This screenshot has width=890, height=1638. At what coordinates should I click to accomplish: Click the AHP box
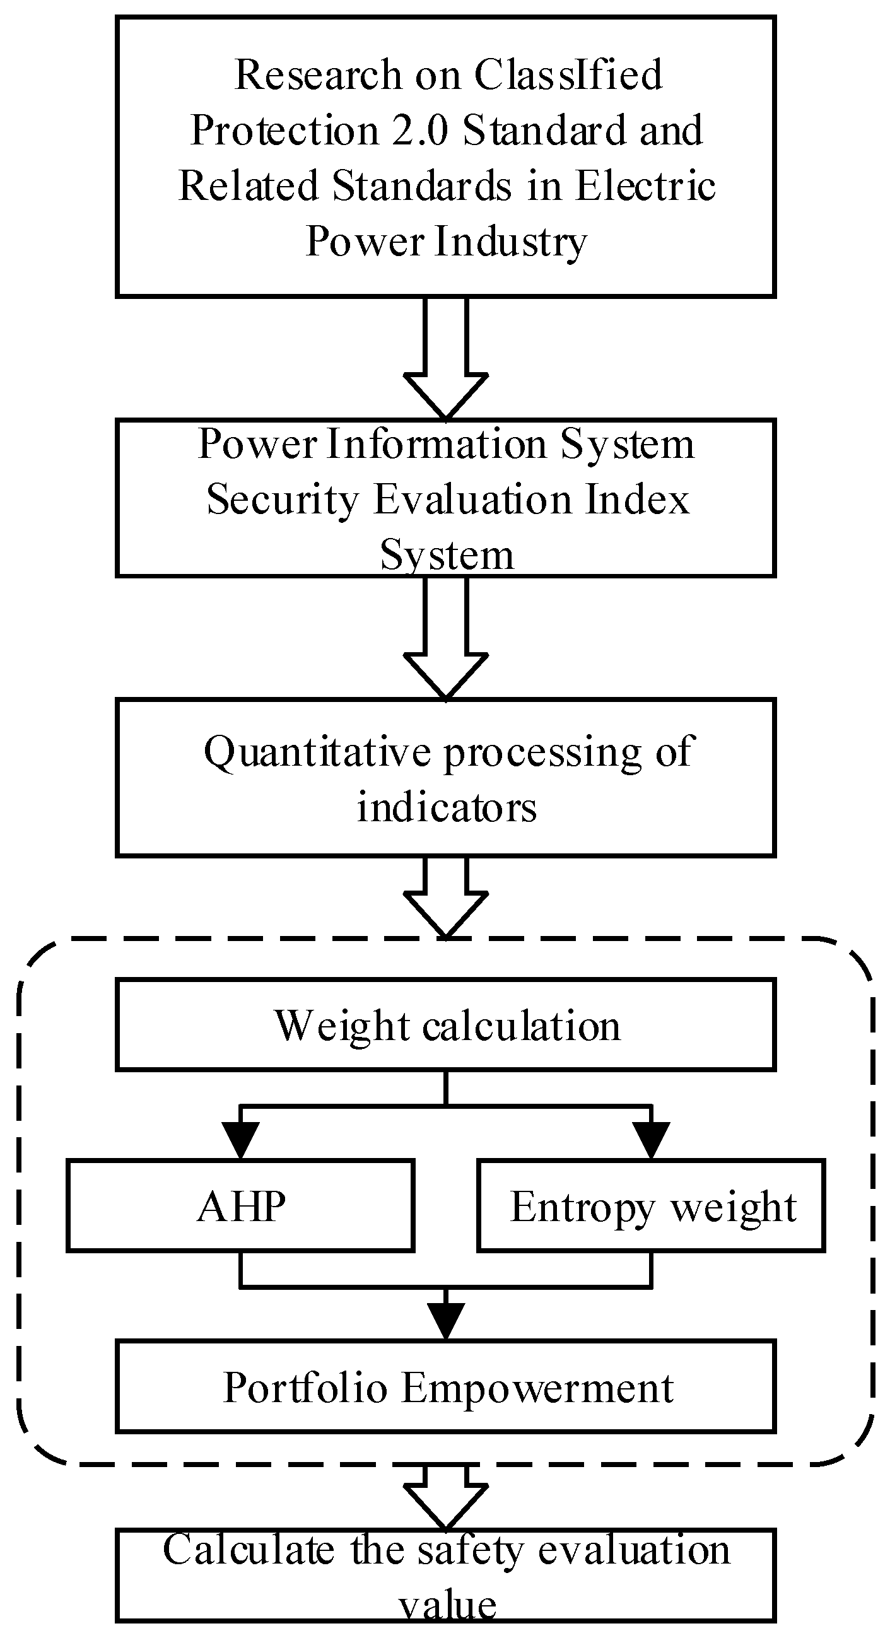pyautogui.click(x=240, y=1205)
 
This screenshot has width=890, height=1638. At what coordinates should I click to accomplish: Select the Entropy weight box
pyautogui.click(x=651, y=1205)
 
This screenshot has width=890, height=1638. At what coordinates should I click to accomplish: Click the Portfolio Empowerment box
pyautogui.click(x=446, y=1387)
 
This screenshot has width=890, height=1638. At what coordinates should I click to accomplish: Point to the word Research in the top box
pyautogui.click(x=318, y=75)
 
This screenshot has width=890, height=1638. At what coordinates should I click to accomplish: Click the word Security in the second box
pyautogui.click(x=282, y=499)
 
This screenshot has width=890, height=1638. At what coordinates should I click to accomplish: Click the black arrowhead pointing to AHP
pyautogui.click(x=240, y=1142)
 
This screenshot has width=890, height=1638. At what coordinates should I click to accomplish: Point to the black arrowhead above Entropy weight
pyautogui.click(x=652, y=1142)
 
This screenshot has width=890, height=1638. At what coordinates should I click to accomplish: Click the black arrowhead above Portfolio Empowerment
pyautogui.click(x=446, y=1323)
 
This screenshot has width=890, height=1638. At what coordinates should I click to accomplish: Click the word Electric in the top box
pyautogui.click(x=646, y=186)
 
